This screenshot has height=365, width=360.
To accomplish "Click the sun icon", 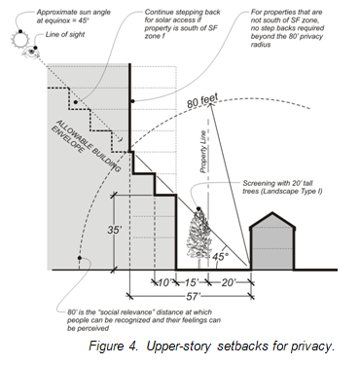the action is pyautogui.click(x=20, y=40).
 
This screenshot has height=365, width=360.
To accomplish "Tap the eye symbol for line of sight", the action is pyautogui.click(x=31, y=53).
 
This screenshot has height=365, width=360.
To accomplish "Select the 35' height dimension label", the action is pyautogui.click(x=115, y=230).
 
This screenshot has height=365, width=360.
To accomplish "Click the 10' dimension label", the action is pyautogui.click(x=164, y=282).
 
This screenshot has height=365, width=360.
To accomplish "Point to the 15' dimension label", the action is pyautogui.click(x=191, y=282).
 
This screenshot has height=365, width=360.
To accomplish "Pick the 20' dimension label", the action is pyautogui.click(x=228, y=282).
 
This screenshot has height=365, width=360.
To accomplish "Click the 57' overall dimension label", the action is pyautogui.click(x=194, y=296).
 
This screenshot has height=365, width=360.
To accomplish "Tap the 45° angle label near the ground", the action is pyautogui.click(x=220, y=256).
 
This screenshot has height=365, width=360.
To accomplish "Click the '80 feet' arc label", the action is pyautogui.click(x=202, y=101).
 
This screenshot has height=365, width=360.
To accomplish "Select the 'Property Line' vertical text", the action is pyautogui.click(x=203, y=151).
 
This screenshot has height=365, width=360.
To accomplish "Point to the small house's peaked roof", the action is pyautogui.click(x=272, y=221).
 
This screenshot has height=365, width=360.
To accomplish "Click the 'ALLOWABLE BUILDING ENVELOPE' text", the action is pyautogui.click(x=86, y=145).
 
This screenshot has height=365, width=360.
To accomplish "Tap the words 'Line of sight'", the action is pyautogui.click(x=65, y=34).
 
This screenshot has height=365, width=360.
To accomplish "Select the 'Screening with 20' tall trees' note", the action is pyautogui.click(x=282, y=187).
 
